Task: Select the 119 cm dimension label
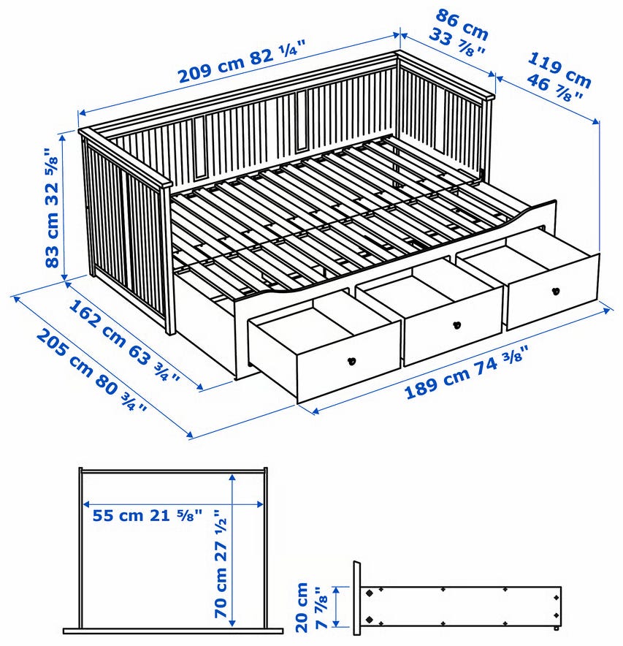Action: click(x=559, y=69)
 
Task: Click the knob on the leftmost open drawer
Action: click(x=352, y=361)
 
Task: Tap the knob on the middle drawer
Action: click(x=456, y=325)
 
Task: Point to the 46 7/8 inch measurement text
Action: click(x=554, y=88)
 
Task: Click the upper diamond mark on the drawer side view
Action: click(x=370, y=593)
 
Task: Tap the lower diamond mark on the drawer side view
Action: click(x=370, y=619)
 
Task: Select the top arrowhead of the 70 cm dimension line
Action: click(x=233, y=477)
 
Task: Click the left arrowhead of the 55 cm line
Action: click(x=88, y=503)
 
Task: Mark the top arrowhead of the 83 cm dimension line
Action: click(x=63, y=137)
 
